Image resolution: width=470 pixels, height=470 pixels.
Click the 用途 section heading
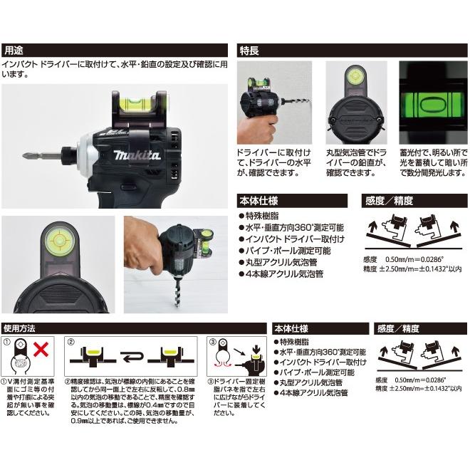(x=14, y=51)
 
